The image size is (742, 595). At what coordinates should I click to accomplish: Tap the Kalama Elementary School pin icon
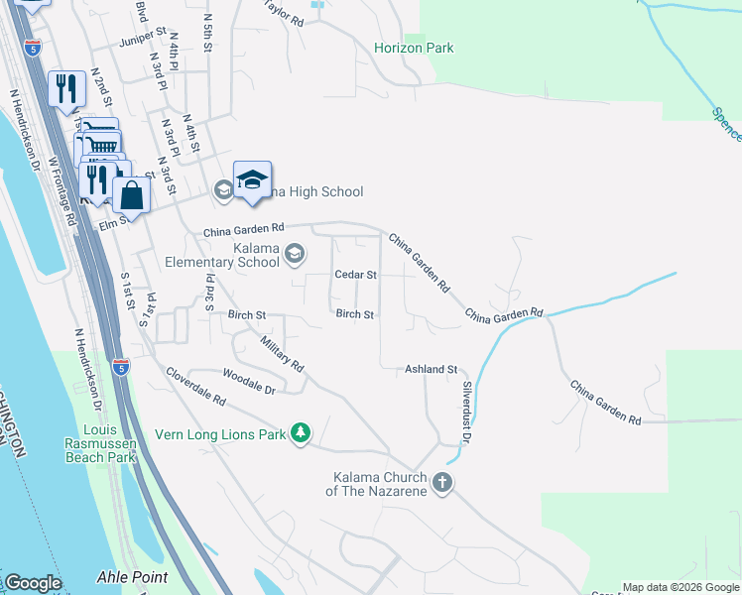295,255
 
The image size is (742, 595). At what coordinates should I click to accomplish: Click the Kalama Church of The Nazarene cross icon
441,483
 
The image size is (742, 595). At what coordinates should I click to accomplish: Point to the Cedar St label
355,275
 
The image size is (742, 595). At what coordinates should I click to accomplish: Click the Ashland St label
430,370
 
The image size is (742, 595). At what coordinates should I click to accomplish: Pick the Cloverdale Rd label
195,388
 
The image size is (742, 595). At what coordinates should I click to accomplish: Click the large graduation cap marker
252,179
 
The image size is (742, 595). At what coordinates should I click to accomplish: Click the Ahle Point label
132,577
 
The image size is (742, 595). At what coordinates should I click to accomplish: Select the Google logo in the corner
33,583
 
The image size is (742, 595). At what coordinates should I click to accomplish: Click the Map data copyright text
680,587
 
